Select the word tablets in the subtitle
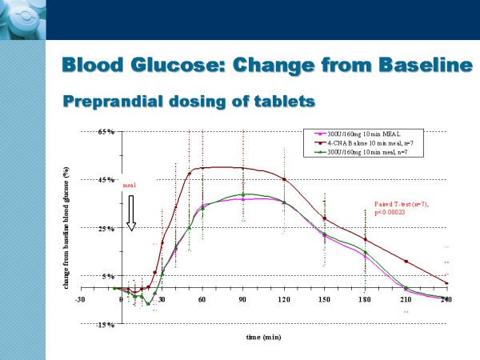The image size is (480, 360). coord(274,102)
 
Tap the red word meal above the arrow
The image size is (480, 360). coord(130,185)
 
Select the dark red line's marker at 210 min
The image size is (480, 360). coord(406,262)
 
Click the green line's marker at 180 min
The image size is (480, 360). coord(366,252)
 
